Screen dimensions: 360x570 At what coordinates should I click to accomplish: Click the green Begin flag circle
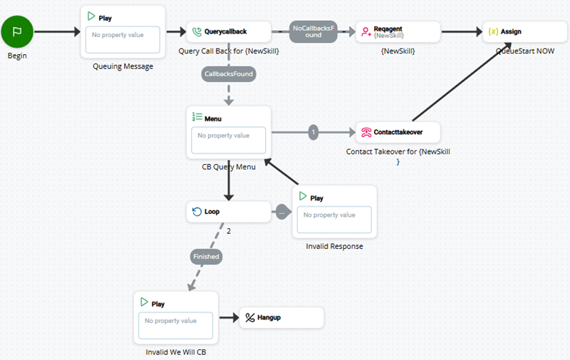pyautogui.click(x=17, y=32)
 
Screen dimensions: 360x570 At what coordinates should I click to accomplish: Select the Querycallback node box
pyautogui.click(x=229, y=32)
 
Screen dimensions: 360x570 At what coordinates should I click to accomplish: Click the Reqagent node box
pyautogui.click(x=398, y=32)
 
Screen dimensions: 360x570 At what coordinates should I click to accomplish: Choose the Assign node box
pyautogui.click(x=525, y=32)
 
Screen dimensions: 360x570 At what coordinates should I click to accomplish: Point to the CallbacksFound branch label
pyautogui.click(x=229, y=73)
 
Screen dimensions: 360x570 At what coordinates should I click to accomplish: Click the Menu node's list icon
pyautogui.click(x=197, y=118)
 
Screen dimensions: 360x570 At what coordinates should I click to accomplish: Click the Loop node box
pyautogui.click(x=229, y=212)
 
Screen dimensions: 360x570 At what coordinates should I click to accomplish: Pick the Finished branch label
pyautogui.click(x=206, y=256)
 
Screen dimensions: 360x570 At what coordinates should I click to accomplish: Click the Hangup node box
pyautogui.click(x=281, y=318)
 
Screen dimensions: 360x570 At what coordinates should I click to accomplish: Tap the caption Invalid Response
pyautogui.click(x=334, y=247)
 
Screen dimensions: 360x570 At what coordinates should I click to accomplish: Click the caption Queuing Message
pyautogui.click(x=123, y=67)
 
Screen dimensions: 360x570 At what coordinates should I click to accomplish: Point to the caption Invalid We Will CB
pyautogui.click(x=175, y=352)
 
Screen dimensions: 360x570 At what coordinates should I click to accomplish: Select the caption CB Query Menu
pyautogui.click(x=229, y=167)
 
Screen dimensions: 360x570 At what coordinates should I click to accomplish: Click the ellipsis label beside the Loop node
pyautogui.click(x=282, y=212)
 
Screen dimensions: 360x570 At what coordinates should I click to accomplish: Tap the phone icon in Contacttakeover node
pyautogui.click(x=366, y=132)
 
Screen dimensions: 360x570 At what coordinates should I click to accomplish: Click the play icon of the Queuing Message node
pyautogui.click(x=90, y=16)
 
